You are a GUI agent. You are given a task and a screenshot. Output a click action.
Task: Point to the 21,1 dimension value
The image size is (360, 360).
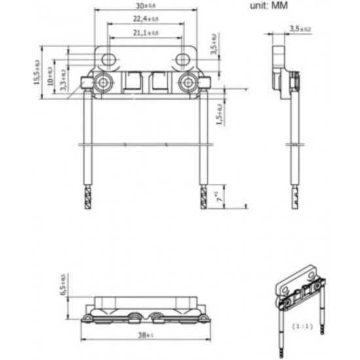pos(146,33)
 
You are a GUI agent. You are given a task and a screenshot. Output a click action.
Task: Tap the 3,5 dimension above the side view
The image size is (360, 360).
pos(300,29)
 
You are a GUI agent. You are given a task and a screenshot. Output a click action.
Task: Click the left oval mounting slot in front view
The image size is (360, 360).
pos(110,60)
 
